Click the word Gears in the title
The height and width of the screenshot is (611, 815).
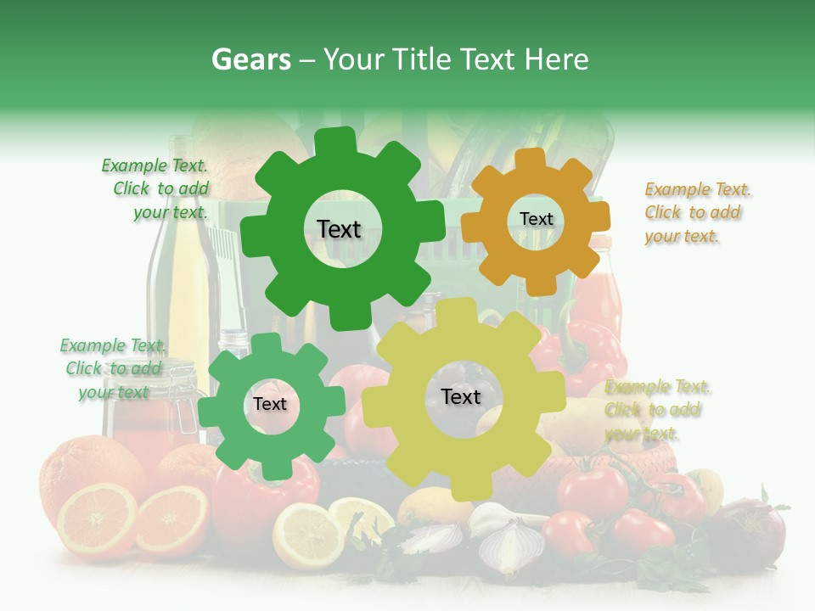(x=250, y=59)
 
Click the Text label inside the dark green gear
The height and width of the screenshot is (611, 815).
(x=339, y=229)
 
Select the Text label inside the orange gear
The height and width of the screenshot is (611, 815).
(x=536, y=219)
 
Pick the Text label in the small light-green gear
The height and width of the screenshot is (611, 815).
(x=270, y=405)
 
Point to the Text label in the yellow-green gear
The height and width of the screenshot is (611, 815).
(x=461, y=397)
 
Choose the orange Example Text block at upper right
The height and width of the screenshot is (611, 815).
(x=697, y=212)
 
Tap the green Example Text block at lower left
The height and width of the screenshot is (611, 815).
(x=112, y=368)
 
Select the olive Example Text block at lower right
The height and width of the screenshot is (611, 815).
(x=656, y=410)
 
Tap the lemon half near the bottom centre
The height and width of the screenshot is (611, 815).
(x=306, y=535)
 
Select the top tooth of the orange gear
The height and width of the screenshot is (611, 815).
(x=529, y=159)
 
